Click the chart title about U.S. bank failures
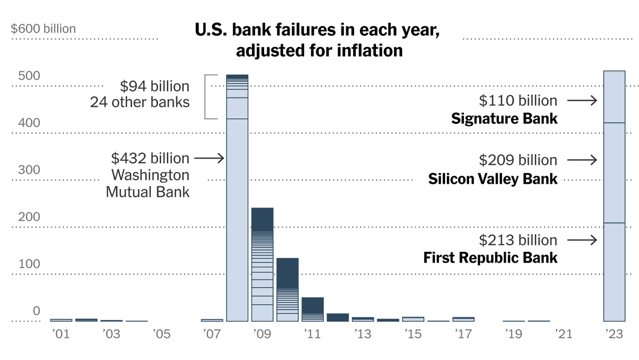pyautogui.click(x=317, y=40)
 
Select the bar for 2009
pyautogui.click(x=262, y=264)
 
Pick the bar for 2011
pyautogui.click(x=313, y=309)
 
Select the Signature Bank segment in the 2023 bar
pyautogui.click(x=613, y=97)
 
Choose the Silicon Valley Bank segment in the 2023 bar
pyautogui.click(x=613, y=173)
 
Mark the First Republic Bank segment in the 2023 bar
pyautogui.click(x=613, y=272)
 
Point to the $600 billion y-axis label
pyautogui.click(x=44, y=29)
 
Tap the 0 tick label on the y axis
pyautogui.click(x=37, y=311)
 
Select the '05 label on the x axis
pyautogui.click(x=161, y=334)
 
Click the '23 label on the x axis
pyautogui.click(x=614, y=334)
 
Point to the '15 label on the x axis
pyautogui.click(x=413, y=334)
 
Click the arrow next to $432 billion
pyautogui.click(x=209, y=158)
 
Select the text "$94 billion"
pyautogui.click(x=154, y=86)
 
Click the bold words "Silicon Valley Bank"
pyautogui.click(x=493, y=179)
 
